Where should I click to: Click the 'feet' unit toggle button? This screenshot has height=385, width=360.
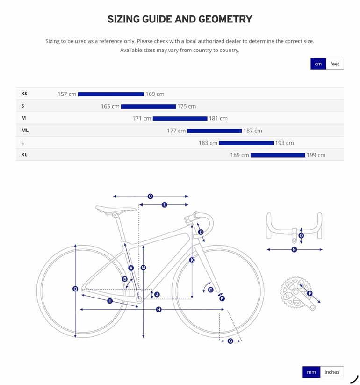coord(335,64)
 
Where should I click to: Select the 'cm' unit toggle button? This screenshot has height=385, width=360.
coord(318,64)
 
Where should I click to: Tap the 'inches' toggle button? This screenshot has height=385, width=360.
coord(332,372)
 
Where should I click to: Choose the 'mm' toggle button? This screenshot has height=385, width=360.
coord(311,372)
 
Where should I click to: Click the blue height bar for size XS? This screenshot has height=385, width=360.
coord(111,94)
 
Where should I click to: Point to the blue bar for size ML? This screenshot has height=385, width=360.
coord(215,131)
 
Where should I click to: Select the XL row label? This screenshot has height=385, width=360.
coord(24,155)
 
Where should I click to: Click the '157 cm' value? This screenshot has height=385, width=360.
coord(67,94)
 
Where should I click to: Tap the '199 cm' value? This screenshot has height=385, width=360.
coord(316,155)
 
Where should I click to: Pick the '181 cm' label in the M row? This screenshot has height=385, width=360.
coord(218,119)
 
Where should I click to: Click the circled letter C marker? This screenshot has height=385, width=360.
coord(151,196)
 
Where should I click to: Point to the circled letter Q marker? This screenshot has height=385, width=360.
coord(75,289)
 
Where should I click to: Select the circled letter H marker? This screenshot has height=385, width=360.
coord(159,309)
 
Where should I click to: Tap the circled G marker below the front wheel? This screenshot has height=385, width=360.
coord(230,341)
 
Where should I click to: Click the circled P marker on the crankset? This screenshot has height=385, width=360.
coord(310,293)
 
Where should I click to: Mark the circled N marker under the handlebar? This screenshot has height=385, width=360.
coord(294,249)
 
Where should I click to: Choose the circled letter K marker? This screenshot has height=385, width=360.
coord(192,260)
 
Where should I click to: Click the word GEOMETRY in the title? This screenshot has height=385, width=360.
coord(225,19)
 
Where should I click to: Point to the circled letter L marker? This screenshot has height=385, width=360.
coord(165,205)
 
